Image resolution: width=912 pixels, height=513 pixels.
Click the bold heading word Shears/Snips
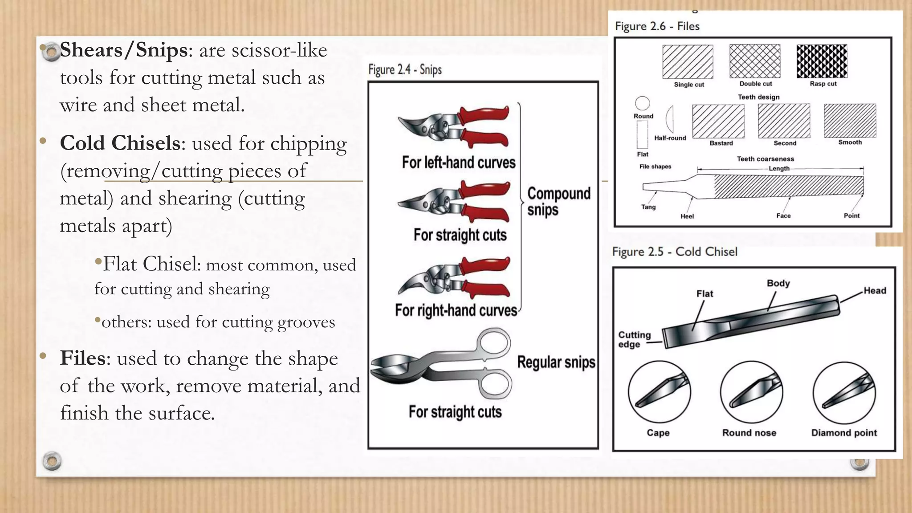click(123, 50)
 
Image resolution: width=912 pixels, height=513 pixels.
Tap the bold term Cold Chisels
click(120, 143)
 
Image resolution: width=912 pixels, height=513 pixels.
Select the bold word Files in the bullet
click(83, 358)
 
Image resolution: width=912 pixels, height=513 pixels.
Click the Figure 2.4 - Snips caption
click(405, 69)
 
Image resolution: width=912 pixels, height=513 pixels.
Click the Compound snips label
click(558, 201)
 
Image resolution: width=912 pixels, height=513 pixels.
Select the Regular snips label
click(556, 362)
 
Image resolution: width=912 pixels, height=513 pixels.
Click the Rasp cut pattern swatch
click(822, 61)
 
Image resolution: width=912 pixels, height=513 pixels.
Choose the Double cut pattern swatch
click(755, 61)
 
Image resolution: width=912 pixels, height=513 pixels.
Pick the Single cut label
click(689, 84)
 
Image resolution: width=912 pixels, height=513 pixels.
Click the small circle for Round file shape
click(642, 103)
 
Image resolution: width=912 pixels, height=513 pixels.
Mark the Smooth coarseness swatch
click(850, 121)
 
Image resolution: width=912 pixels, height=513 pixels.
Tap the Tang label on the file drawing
click(648, 207)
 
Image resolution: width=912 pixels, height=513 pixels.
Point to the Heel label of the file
click(687, 216)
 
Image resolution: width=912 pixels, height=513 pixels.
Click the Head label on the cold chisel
click(875, 291)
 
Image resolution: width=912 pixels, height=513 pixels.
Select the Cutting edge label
click(634, 339)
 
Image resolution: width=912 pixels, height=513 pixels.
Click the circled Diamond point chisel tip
click(844, 392)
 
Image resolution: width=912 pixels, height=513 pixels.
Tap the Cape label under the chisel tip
click(658, 433)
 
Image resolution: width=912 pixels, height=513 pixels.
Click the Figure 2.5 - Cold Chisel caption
click(674, 252)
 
